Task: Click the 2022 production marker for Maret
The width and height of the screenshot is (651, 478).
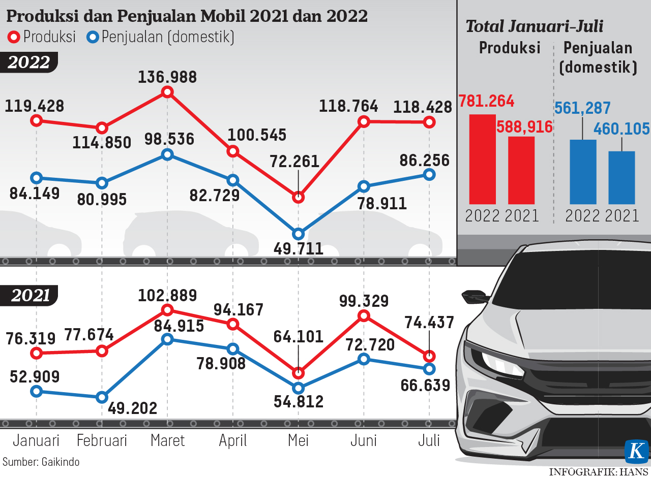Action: pos(167,92)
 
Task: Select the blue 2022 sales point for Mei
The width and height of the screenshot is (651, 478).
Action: pos(299,234)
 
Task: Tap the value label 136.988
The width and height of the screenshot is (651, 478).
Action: pos(167,77)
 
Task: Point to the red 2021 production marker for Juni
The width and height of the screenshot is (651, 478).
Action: pos(364,316)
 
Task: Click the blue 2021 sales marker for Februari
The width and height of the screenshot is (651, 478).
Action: pos(102,397)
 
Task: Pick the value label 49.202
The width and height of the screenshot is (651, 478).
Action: pos(133,408)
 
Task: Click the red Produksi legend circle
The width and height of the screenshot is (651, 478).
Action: pos(14,37)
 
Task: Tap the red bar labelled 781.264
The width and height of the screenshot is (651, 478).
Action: pos(482,159)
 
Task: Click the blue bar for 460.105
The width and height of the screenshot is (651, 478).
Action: pos(622,177)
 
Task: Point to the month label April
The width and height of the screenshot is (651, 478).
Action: pos(233,440)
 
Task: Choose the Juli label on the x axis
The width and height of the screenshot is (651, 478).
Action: pos(429,440)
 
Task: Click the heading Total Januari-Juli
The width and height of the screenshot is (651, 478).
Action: pos(535,26)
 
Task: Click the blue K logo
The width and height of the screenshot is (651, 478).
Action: pos(637,452)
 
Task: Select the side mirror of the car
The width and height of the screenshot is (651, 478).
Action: pos(474,296)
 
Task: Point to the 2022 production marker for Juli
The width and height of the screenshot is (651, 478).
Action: pos(429,122)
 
